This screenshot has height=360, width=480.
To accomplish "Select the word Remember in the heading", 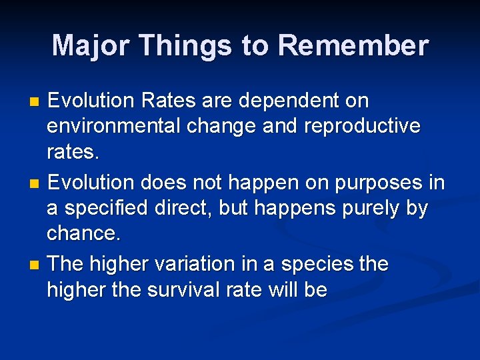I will tap(353, 46).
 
